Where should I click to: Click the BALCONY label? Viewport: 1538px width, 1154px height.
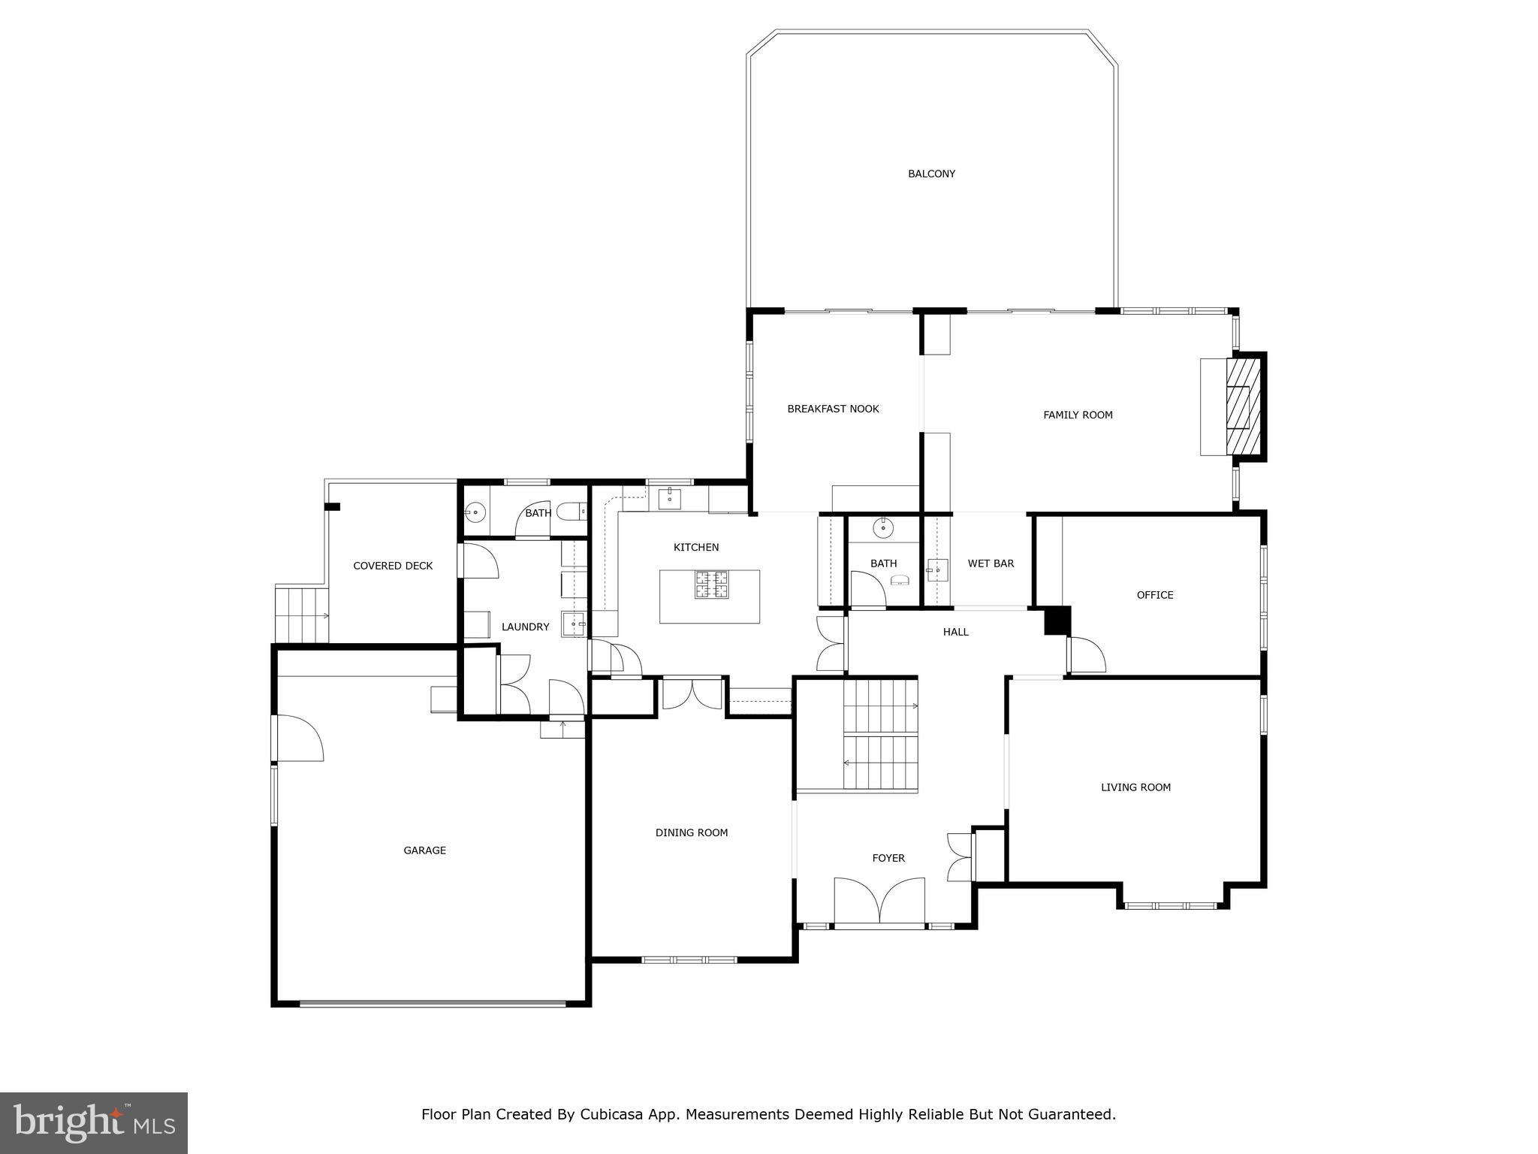pos(931,174)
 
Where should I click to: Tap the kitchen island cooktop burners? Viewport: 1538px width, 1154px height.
pos(710,585)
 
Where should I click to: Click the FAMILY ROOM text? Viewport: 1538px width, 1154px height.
pos(1078,415)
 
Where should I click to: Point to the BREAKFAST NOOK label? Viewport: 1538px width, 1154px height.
pos(833,409)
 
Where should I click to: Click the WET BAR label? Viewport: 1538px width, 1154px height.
pos(991,563)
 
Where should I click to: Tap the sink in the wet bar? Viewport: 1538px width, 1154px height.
pos(936,570)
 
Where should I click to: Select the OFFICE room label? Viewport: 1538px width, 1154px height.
pos(1154,595)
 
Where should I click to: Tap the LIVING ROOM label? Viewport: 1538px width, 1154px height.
pos(1135,787)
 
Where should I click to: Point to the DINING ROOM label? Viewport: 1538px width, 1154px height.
pos(691,832)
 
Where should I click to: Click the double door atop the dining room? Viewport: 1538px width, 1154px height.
pos(692,693)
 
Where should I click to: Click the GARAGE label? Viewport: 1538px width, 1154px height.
pos(424,850)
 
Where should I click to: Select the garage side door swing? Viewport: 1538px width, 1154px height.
pos(300,738)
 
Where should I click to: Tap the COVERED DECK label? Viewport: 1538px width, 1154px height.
pos(393,566)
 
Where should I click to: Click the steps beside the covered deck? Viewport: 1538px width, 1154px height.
pos(302,615)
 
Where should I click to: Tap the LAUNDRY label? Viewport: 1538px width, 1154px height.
pos(525,627)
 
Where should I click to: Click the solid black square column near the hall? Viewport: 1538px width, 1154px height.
pos(1057,621)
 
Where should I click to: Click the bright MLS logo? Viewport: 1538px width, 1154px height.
pos(94,1122)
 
